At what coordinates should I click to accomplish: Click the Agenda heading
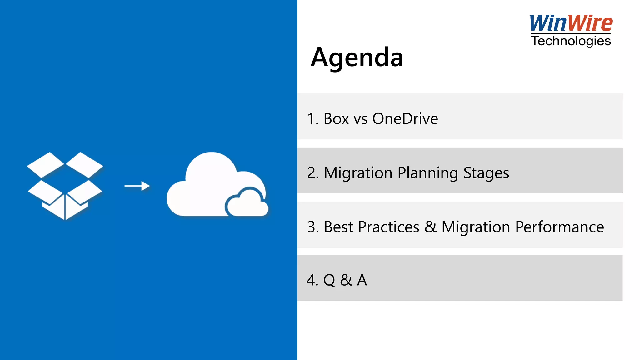(x=357, y=58)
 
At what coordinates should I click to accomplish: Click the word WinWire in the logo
(x=571, y=23)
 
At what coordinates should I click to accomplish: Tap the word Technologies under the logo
(x=571, y=41)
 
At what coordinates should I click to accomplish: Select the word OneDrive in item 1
(x=405, y=119)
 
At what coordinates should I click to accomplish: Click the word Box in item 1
(x=336, y=119)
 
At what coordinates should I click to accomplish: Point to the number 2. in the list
(x=313, y=173)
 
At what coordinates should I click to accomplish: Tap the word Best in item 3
(x=340, y=227)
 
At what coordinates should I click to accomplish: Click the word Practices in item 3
(x=388, y=227)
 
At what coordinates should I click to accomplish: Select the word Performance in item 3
(x=559, y=227)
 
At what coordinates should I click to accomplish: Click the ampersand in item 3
(x=430, y=227)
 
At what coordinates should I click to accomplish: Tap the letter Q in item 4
(x=329, y=280)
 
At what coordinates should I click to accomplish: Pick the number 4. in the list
(x=312, y=280)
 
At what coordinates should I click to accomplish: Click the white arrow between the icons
(x=137, y=186)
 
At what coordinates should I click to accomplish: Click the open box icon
(x=65, y=186)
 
